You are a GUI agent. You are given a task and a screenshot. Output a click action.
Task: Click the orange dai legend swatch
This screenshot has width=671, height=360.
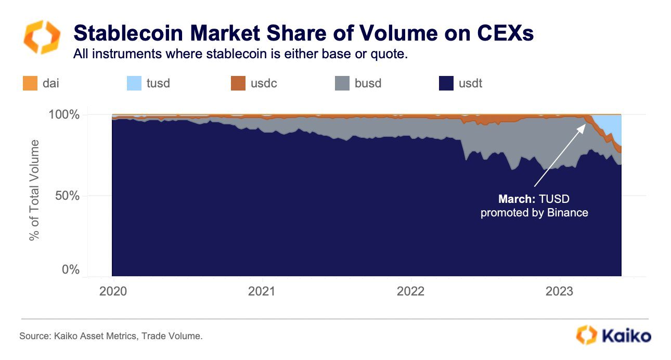pyautogui.click(x=30, y=83)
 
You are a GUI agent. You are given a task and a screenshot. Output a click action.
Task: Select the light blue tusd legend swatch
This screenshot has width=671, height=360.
pyautogui.click(x=134, y=83)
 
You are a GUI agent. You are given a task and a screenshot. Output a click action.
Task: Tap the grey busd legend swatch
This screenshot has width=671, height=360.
pyautogui.click(x=342, y=83)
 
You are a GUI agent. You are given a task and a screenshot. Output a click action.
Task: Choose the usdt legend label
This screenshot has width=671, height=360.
pyautogui.click(x=470, y=83)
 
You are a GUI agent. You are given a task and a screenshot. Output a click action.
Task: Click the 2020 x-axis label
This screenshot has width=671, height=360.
pyautogui.click(x=113, y=291)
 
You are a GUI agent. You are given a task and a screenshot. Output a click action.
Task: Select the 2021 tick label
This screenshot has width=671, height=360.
pyautogui.click(x=262, y=291)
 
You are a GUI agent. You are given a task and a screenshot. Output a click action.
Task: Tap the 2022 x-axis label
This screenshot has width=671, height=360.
pyautogui.click(x=411, y=291)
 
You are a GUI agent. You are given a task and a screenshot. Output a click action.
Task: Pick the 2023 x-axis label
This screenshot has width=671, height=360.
pyautogui.click(x=560, y=291)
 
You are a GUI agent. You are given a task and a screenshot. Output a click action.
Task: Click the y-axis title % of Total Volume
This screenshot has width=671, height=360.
pyautogui.click(x=35, y=190)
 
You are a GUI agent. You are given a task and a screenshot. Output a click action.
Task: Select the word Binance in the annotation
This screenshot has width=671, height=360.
pyautogui.click(x=567, y=213)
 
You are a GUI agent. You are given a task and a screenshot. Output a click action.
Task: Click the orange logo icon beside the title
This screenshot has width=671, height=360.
pyautogui.click(x=40, y=37)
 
